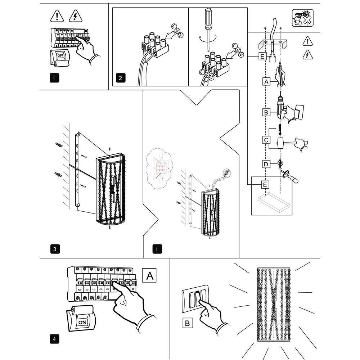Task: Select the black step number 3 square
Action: coord(54,249)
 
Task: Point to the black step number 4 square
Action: coord(54,339)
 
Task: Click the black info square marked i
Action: coord(157,249)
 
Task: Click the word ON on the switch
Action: coord(82,322)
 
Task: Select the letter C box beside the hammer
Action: coord(266,139)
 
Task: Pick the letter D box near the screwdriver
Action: coord(266,165)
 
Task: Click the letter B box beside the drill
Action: coord(266,113)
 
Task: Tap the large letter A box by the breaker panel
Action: coord(150,276)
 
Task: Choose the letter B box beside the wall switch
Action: coord(187,323)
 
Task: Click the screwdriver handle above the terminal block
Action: coord(208,19)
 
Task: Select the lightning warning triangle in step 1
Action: coord(75,17)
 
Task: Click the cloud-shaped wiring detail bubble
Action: coord(159,167)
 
